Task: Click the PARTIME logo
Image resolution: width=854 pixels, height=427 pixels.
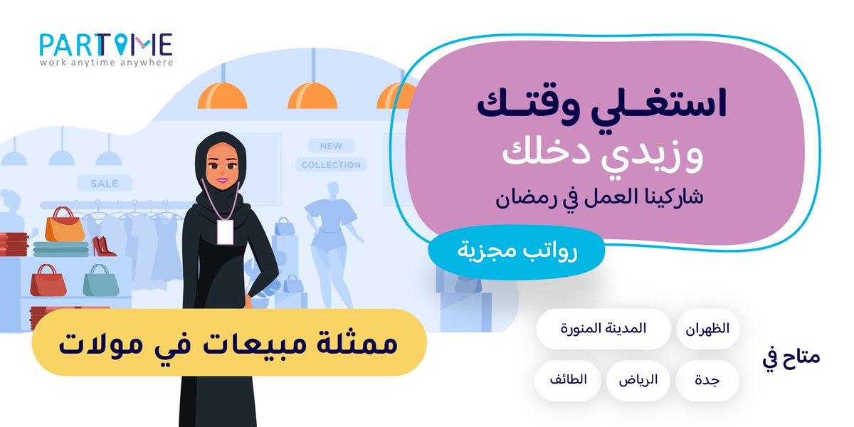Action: tap(105, 44)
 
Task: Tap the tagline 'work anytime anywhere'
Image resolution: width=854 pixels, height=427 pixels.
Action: tap(107, 62)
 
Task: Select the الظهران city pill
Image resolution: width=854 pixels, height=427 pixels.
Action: tap(708, 330)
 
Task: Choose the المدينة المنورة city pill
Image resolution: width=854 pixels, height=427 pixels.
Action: tap(603, 330)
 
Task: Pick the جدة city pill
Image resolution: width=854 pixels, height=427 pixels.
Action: tap(707, 381)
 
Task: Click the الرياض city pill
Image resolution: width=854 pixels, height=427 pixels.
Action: tap(637, 381)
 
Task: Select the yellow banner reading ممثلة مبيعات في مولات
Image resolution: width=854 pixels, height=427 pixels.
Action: tap(228, 342)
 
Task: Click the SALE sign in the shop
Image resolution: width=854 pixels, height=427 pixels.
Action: tap(105, 183)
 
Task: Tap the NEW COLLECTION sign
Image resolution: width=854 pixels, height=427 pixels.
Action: tap(331, 155)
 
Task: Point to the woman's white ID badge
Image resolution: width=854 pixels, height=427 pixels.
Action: tap(225, 232)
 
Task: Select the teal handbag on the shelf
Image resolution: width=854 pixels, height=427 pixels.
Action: tap(98, 281)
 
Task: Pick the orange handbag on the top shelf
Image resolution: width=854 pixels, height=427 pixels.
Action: tap(65, 226)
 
